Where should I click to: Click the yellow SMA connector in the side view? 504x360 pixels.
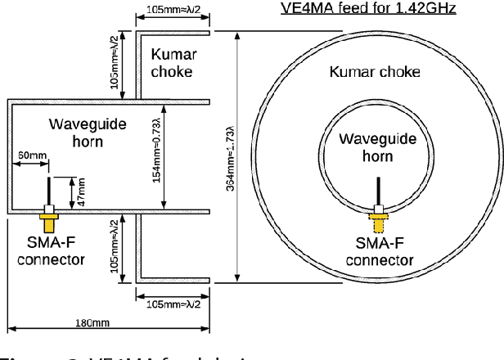(49, 222)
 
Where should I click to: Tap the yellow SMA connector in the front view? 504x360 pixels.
(378, 220)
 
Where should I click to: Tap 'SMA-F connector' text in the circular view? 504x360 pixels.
(379, 252)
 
